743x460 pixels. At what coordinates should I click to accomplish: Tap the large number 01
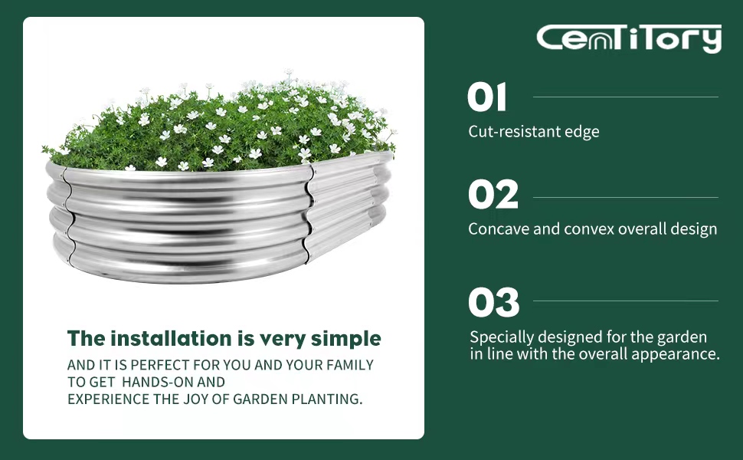(486, 97)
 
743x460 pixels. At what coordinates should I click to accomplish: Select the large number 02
(493, 195)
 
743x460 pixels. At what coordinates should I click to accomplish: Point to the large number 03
(494, 302)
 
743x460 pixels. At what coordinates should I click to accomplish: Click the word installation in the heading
(171, 339)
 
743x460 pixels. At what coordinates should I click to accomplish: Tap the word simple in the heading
(346, 340)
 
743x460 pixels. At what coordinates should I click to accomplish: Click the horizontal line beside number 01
(626, 97)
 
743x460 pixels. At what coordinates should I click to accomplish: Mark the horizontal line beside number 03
(626, 301)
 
